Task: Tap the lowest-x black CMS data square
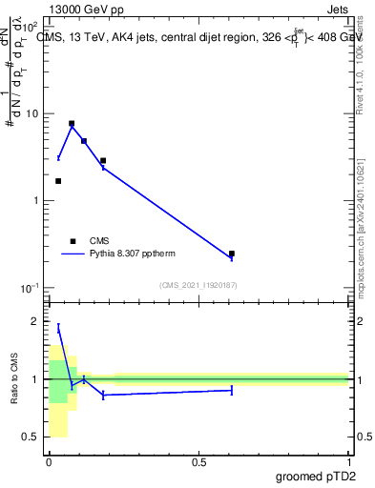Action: click(x=58, y=181)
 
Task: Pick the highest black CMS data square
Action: click(x=72, y=123)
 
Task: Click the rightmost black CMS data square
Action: click(x=232, y=254)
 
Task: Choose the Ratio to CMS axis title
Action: click(x=14, y=378)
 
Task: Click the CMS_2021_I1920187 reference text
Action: click(x=198, y=285)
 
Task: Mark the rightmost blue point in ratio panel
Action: click(x=232, y=390)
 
